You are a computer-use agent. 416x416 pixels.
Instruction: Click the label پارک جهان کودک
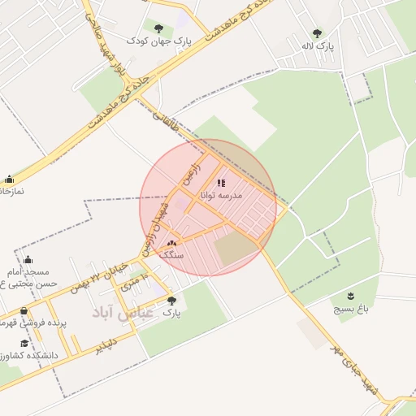tap(158, 39)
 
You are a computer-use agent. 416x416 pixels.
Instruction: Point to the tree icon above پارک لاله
tap(316, 33)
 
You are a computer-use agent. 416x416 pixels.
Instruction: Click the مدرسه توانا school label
tap(238, 195)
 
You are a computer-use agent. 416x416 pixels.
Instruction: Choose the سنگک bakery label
tap(172, 255)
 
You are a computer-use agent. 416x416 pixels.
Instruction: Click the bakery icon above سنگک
tap(171, 244)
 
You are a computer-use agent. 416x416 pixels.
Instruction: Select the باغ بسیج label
tap(351, 310)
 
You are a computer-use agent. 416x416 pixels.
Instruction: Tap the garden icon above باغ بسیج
tap(350, 296)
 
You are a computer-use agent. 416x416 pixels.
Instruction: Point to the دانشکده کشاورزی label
tap(27, 355)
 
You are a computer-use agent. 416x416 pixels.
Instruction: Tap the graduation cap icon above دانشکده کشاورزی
tap(25, 343)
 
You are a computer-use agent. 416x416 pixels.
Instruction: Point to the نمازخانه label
tap(11, 190)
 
